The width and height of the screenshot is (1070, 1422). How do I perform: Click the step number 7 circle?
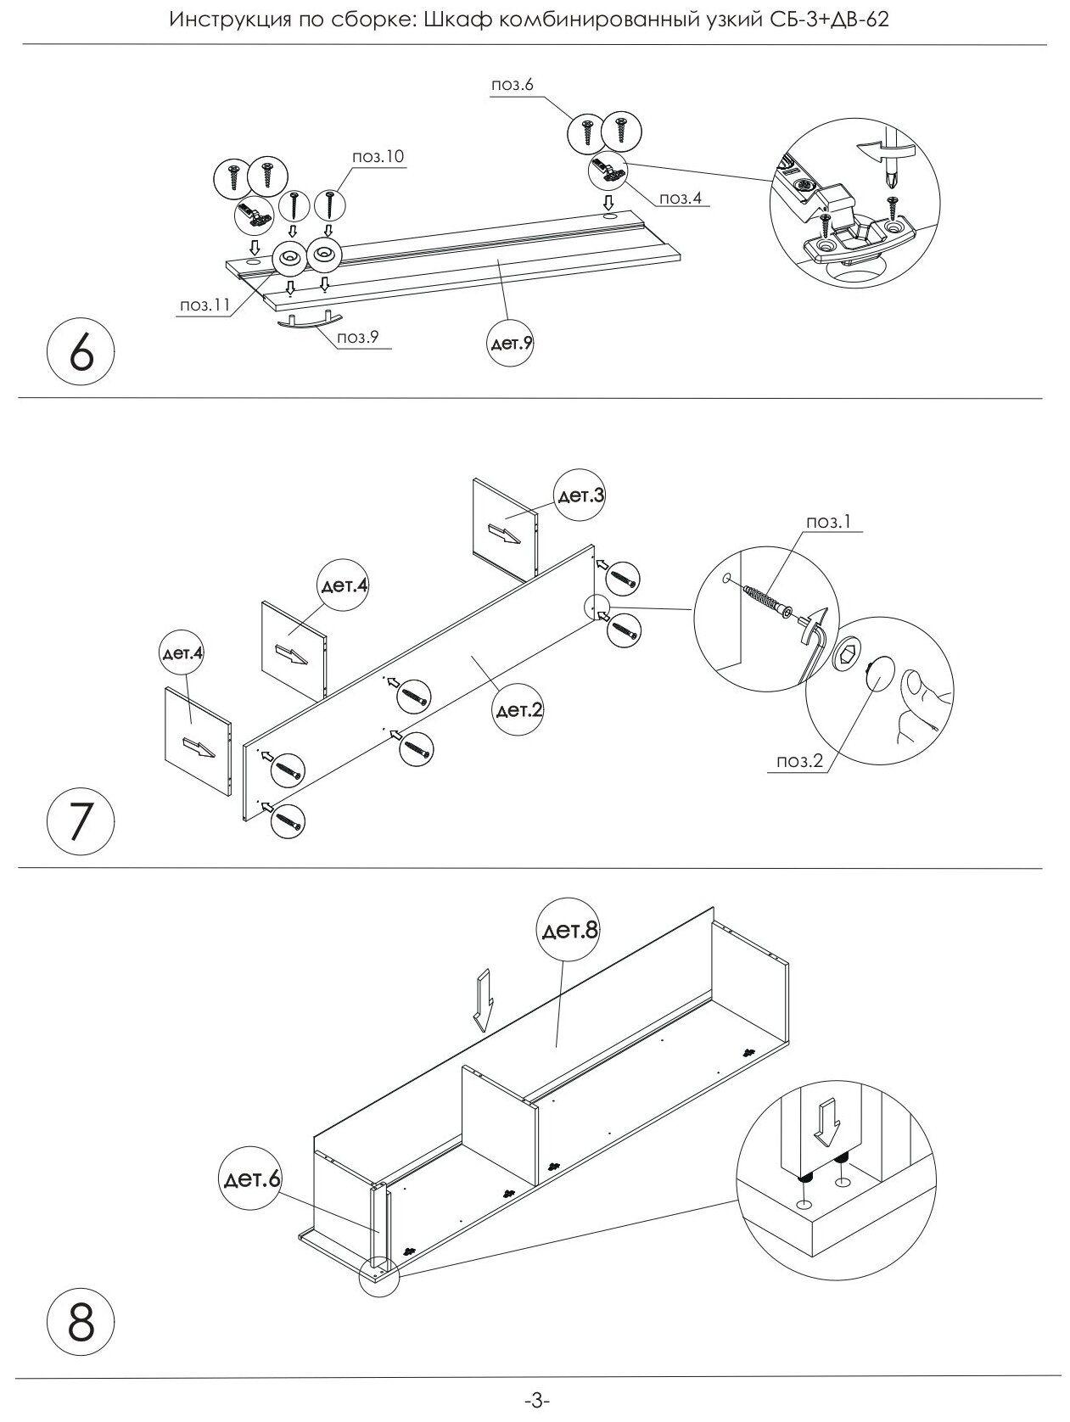tap(81, 823)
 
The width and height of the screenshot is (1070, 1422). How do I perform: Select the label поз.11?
tap(204, 306)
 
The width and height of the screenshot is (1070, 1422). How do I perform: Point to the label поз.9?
tap(357, 337)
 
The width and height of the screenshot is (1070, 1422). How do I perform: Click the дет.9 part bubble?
tap(513, 344)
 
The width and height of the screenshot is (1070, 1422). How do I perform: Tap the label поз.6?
tap(512, 85)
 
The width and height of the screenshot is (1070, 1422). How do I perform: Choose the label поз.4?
tap(681, 199)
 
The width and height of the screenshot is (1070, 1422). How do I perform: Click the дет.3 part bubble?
tap(580, 495)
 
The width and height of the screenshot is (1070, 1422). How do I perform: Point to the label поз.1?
tap(827, 522)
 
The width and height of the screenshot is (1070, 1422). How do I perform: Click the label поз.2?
tap(800, 761)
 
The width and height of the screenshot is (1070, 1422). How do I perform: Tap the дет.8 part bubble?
tap(569, 931)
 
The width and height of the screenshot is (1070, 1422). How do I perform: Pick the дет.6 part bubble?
tap(250, 1179)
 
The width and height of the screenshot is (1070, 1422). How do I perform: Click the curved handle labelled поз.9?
tap(308, 323)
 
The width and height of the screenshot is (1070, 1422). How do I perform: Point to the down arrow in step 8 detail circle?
tap(828, 1122)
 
